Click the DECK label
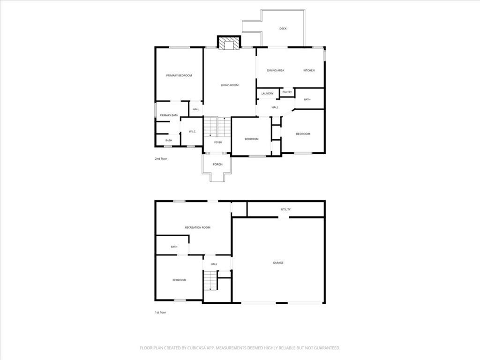point(283,29)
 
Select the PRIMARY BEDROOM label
point(179,75)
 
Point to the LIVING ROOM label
point(230,85)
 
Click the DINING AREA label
point(276,70)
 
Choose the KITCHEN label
point(309,70)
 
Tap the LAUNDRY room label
point(267,93)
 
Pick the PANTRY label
point(287,92)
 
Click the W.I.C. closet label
point(192,132)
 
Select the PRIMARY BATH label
point(169,115)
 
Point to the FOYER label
point(218,142)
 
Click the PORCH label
point(217,165)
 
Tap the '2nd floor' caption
point(161,158)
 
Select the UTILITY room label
point(285,210)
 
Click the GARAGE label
point(278,262)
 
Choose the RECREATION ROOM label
point(198,227)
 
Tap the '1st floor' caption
point(160,312)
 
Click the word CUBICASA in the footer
point(198,348)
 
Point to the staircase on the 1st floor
point(210,280)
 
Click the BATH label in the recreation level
point(174,247)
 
